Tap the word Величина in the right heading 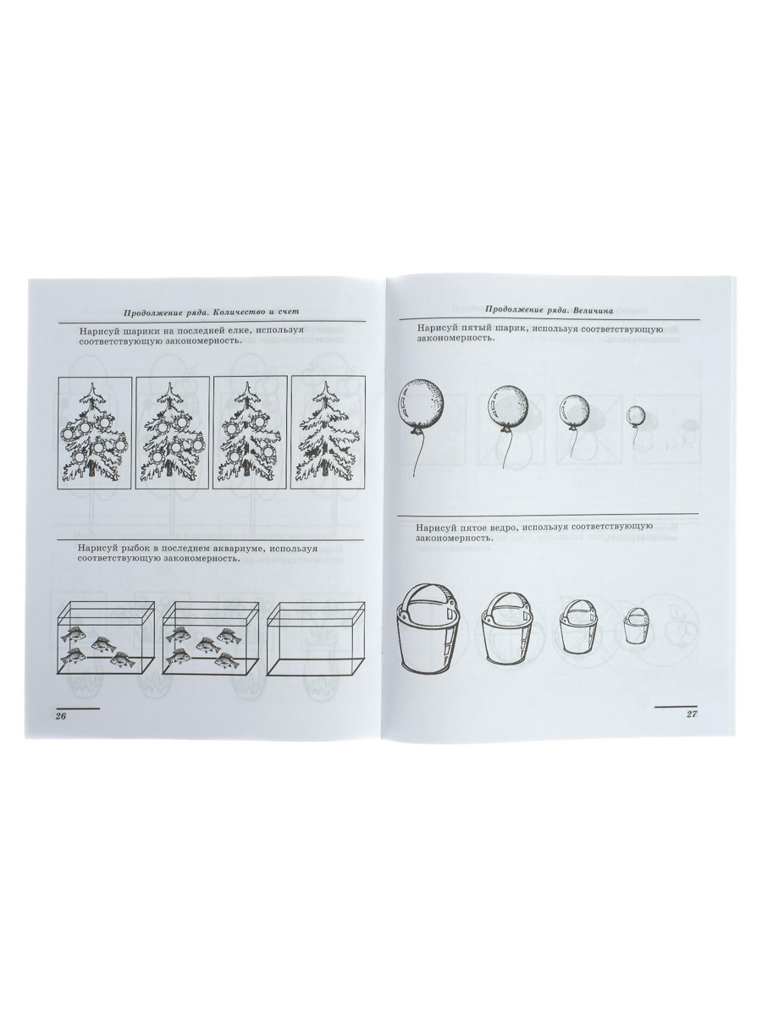(x=594, y=311)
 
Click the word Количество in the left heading (x=241, y=312)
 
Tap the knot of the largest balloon (x=417, y=431)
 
